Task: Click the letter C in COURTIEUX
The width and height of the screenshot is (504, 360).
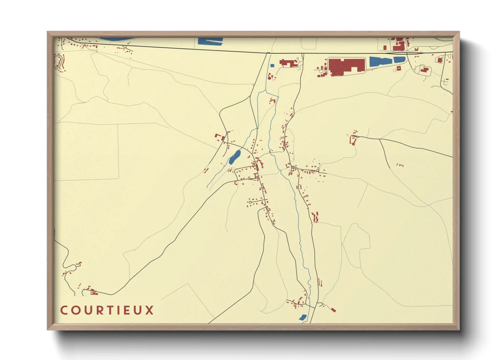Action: [64, 310]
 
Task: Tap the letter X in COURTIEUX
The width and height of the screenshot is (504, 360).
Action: [150, 310]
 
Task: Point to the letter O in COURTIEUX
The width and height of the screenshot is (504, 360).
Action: [75, 310]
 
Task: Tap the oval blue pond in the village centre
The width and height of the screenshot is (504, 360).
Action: [234, 157]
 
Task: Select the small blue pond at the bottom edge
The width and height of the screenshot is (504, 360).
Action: [302, 317]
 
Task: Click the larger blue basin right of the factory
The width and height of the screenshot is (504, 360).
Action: [381, 62]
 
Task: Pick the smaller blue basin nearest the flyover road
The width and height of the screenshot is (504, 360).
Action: [399, 60]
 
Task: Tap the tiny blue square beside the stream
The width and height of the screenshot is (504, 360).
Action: [272, 65]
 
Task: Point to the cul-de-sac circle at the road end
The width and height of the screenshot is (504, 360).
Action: [250, 202]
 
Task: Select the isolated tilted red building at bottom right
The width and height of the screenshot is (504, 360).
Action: [333, 310]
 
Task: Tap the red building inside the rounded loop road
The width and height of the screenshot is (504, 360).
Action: [424, 70]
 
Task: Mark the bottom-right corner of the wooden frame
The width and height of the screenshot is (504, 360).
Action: [459, 329]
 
